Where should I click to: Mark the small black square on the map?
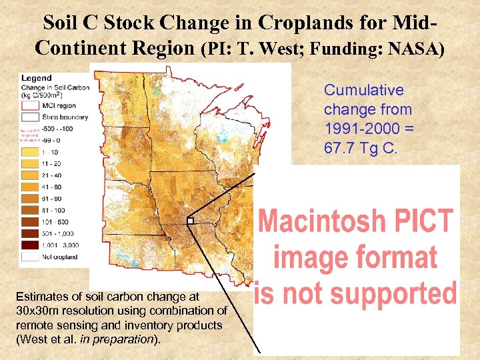point(190,221)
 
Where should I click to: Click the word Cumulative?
point(363,90)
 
